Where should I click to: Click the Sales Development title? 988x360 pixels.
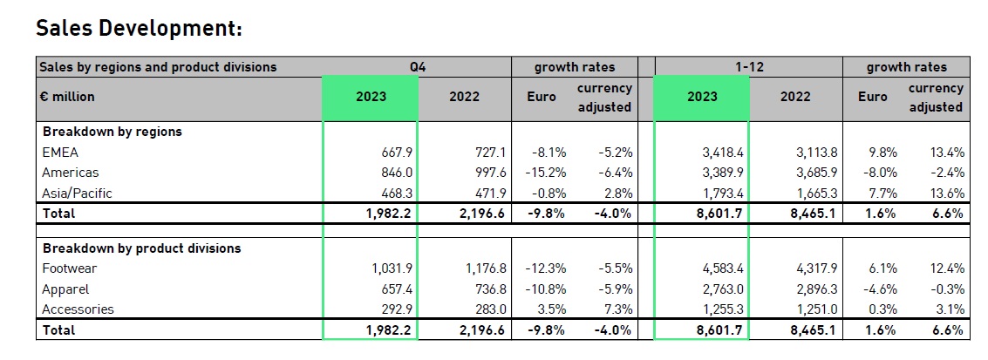138,28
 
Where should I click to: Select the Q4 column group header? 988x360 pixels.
417,66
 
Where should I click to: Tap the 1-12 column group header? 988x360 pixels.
747,66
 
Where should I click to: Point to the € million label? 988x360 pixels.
66,97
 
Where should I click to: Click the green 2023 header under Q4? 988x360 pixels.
371,97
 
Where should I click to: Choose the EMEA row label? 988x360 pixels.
60,153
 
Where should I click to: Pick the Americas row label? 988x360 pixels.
71,173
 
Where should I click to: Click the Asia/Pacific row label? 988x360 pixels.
78,193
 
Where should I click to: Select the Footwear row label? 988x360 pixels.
72,268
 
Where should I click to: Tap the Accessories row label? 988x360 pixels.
78,309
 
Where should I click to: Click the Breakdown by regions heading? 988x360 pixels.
112,132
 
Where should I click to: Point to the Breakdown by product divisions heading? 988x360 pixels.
142,248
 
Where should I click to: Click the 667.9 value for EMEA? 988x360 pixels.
393,153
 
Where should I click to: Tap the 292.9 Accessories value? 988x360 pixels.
393,309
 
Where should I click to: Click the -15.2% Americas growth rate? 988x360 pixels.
540,173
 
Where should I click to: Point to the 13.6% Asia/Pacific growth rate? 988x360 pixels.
946,193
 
